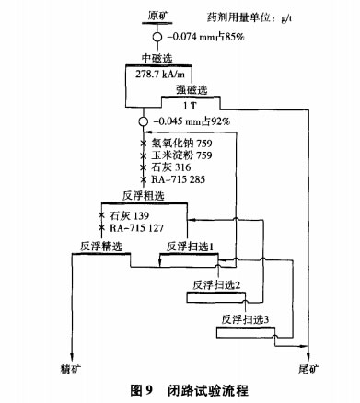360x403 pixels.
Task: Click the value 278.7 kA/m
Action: pyautogui.click(x=158, y=74)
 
